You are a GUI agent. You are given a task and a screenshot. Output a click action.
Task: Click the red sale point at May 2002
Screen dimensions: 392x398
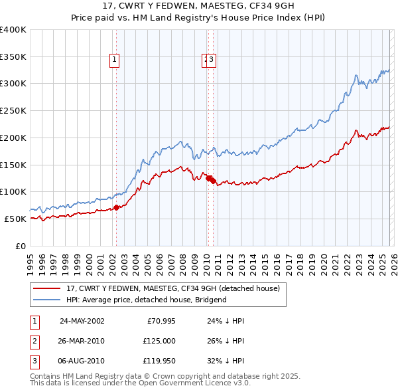tap(116, 207)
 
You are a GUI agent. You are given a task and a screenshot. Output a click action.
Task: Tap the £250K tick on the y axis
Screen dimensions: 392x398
tap(13, 110)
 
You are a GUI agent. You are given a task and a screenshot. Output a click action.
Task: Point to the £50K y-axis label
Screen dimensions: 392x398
tap(15, 219)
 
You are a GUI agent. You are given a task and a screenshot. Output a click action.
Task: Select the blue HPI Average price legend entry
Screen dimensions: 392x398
tap(146, 300)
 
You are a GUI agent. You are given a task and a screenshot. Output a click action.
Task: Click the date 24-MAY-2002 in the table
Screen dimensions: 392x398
tap(82, 321)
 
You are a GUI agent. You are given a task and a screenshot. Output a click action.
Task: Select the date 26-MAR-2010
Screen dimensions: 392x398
tap(82, 341)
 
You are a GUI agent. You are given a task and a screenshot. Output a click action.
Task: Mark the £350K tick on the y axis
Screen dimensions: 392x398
tap(13, 56)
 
